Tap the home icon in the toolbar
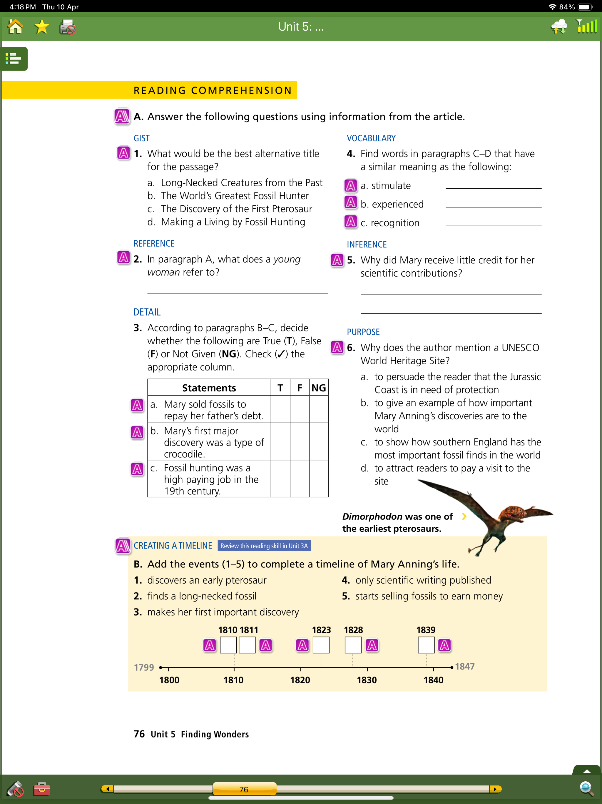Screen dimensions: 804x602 pos(15,27)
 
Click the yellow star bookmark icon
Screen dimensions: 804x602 pos(42,27)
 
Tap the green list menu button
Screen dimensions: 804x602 pos(14,59)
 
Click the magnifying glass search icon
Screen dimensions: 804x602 pos(586,788)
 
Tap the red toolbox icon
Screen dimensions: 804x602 pos(42,789)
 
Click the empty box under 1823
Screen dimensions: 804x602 pos(321,645)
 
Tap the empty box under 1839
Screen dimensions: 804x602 pos(426,645)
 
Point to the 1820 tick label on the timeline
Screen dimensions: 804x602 pos(300,680)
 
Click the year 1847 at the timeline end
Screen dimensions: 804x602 pos(465,667)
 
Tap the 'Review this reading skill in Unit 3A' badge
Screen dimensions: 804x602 pos(264,546)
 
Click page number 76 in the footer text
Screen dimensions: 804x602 pos(139,734)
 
